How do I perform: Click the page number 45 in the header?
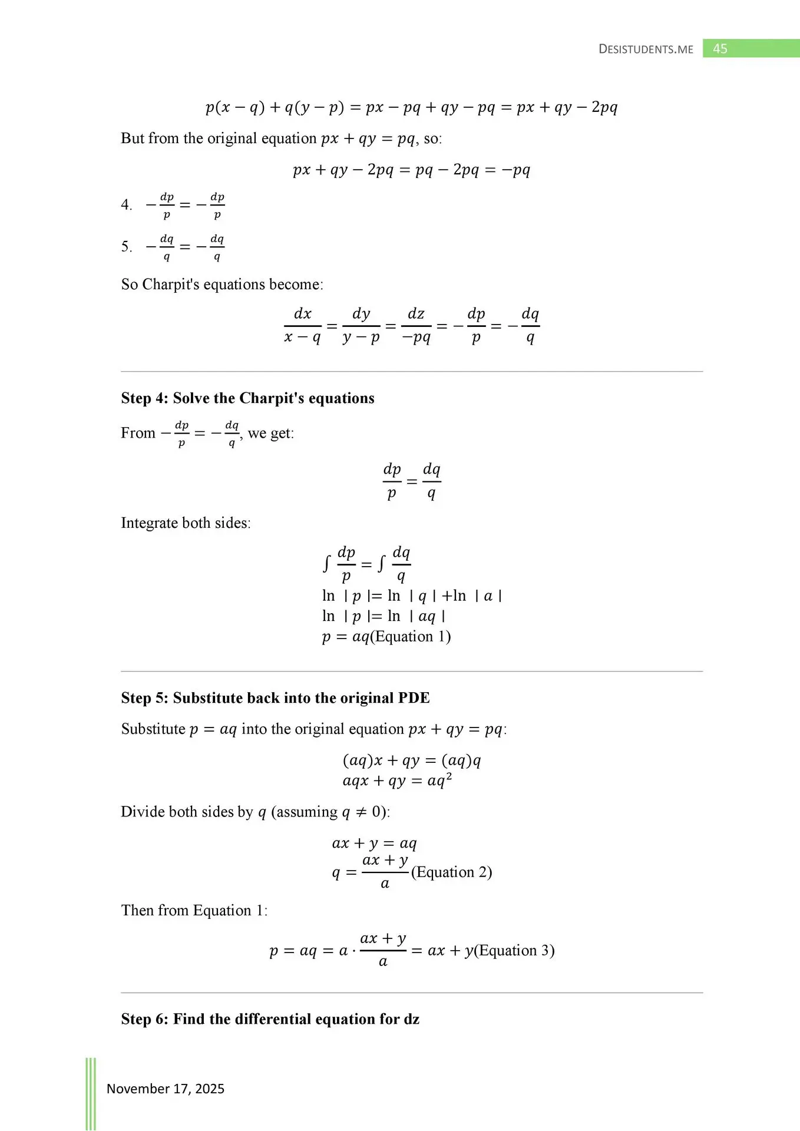720,49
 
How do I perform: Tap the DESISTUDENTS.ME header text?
646,49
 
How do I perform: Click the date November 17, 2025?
166,1089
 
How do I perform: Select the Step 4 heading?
247,398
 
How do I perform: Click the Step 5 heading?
275,698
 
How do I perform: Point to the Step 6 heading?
270,1019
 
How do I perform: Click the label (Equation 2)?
451,872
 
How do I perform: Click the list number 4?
126,205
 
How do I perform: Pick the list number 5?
126,247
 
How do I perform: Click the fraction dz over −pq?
416,326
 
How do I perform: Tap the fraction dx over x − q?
302,326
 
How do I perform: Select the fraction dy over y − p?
361,326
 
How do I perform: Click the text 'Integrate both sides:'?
186,523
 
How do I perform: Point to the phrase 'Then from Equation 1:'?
194,911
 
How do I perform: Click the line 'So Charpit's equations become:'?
222,285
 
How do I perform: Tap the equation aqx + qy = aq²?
397,781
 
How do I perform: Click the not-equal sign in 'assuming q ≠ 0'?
361,812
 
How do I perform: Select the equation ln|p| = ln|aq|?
384,617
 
